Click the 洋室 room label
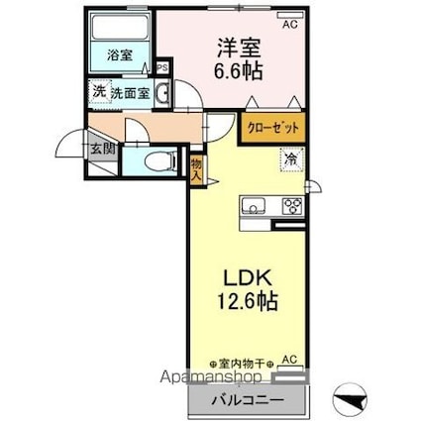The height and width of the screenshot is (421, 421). point(239,49)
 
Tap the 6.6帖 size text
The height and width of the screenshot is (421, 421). point(239,70)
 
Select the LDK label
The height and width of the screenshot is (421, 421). point(248,278)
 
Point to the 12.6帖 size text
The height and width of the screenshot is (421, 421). point(247,300)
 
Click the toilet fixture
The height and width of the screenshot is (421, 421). point(161,160)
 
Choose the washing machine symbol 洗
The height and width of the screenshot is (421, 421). point(100,92)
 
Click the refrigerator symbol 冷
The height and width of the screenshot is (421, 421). point(291,160)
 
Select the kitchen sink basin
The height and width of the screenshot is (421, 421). point(254,205)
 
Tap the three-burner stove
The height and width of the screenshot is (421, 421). point(293,206)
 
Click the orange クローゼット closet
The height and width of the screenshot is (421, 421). point(273,128)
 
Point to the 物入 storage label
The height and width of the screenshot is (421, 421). point(196,168)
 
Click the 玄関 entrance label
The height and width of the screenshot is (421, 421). point(103,150)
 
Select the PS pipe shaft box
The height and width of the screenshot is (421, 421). point(162,68)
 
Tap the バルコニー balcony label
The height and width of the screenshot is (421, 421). point(248,400)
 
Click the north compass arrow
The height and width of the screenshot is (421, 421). point(350,399)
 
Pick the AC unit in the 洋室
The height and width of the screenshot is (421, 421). point(290,15)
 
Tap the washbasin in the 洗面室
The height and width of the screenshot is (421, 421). point(162,93)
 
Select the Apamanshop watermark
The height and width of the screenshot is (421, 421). point(211,376)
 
